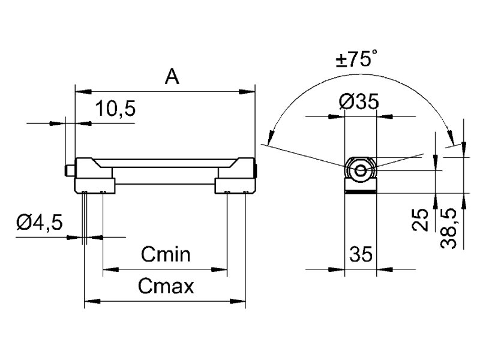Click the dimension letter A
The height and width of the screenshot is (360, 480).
[172, 76]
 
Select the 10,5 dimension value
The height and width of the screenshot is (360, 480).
[115, 109]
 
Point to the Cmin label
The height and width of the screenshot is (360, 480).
[166, 255]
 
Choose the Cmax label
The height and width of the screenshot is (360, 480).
[166, 286]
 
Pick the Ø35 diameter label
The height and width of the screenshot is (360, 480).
[359, 102]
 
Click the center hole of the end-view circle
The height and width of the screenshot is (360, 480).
[361, 170]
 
